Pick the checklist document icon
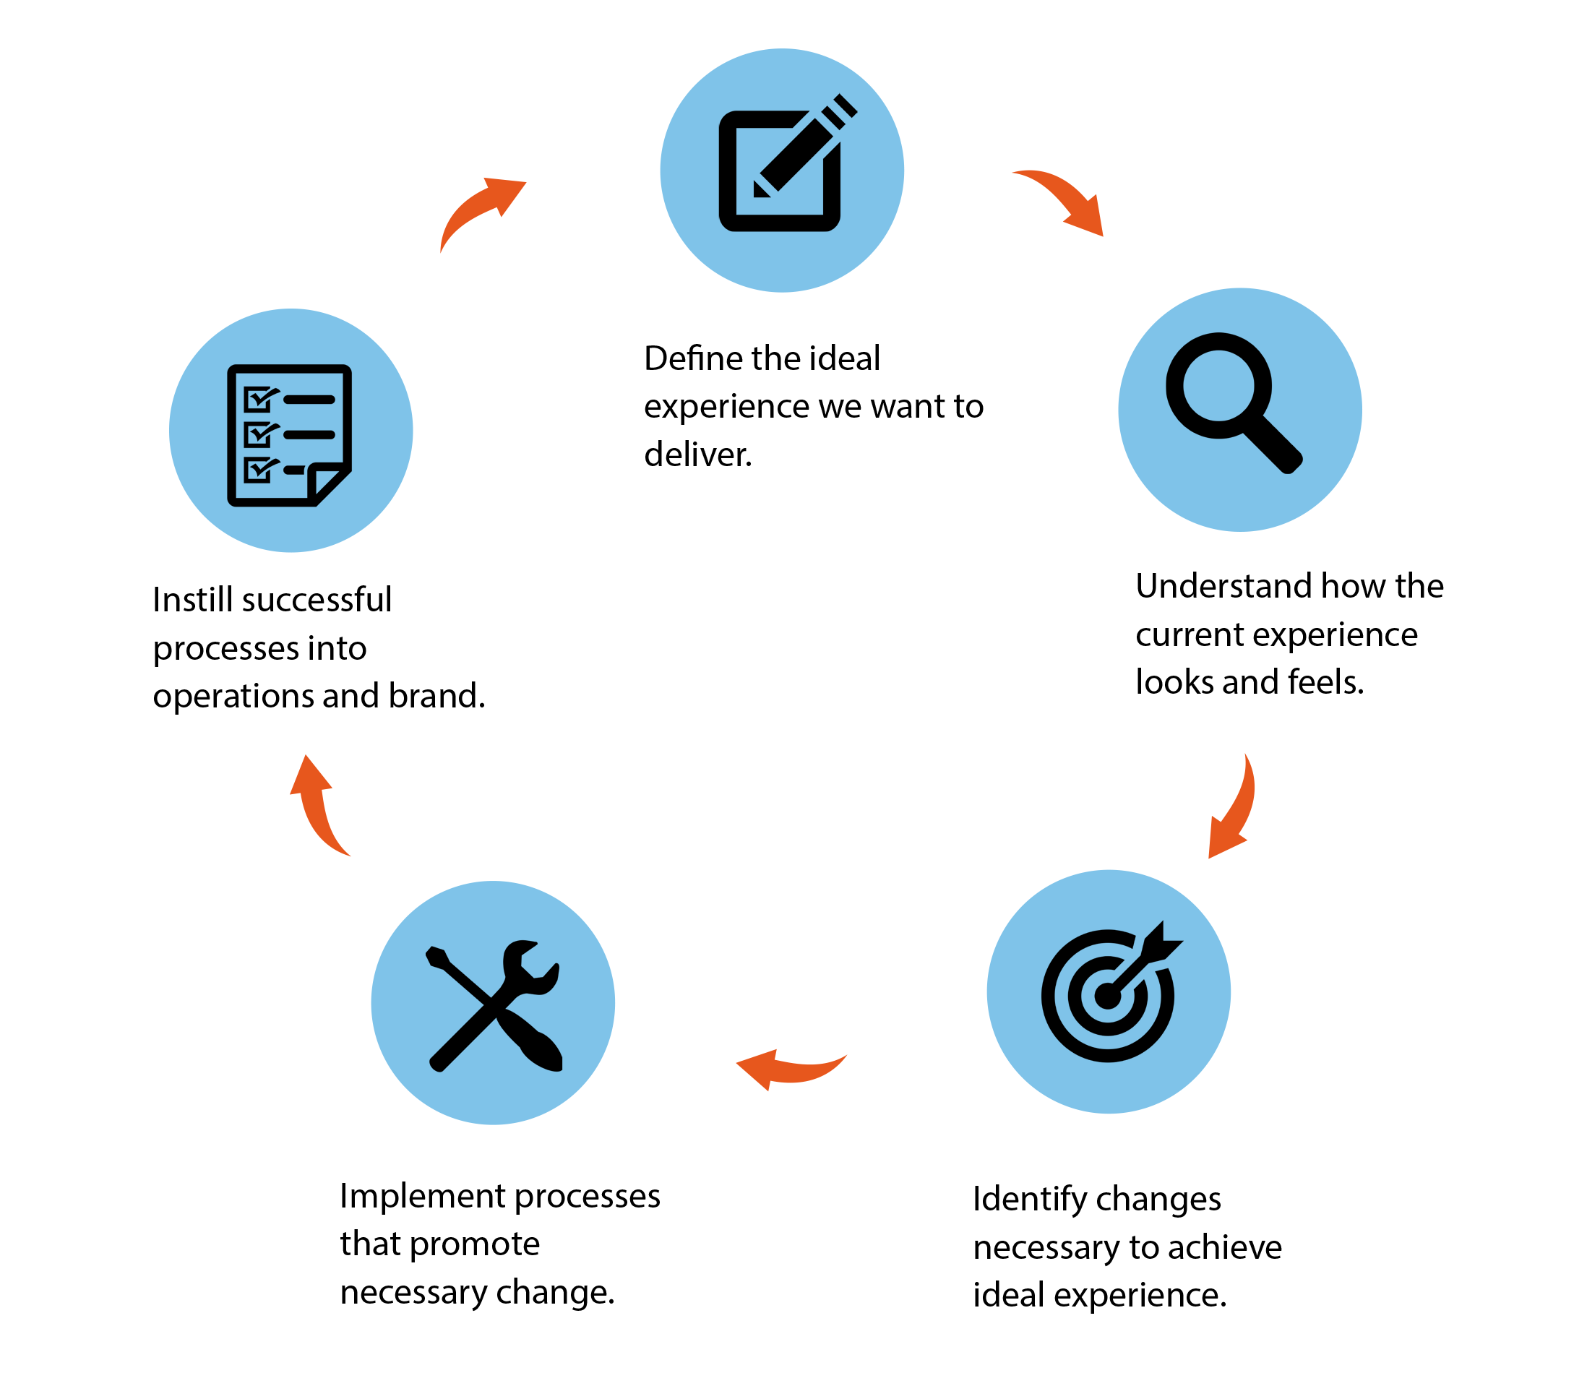click(x=289, y=435)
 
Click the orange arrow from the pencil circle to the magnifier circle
click(x=1066, y=199)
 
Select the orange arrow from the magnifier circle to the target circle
click(x=1233, y=807)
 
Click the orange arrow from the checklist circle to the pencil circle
click(x=480, y=210)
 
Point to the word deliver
click(x=697, y=455)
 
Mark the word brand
click(x=436, y=696)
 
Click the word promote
click(x=474, y=1244)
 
